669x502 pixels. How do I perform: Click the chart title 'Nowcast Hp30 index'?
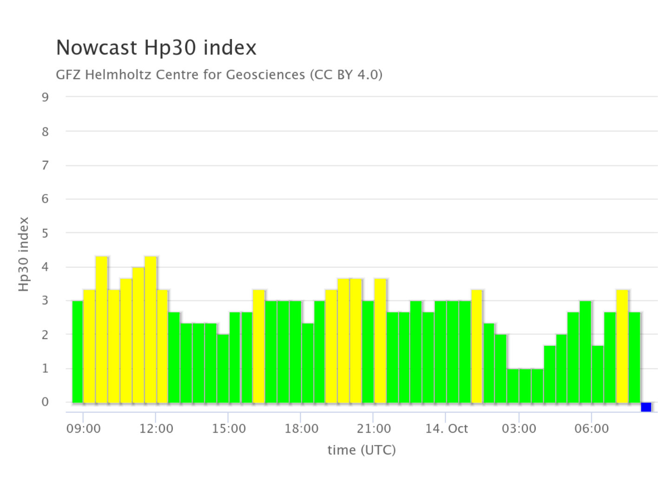(x=156, y=48)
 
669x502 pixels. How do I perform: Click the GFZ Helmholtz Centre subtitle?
(x=219, y=74)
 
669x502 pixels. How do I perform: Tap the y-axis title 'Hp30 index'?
(x=24, y=254)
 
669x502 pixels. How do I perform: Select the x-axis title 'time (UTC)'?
(x=361, y=450)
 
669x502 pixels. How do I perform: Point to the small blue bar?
(x=646, y=407)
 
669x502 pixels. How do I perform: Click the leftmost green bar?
(x=78, y=351)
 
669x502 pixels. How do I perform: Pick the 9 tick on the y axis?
(x=45, y=97)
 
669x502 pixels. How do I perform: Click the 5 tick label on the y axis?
(x=45, y=233)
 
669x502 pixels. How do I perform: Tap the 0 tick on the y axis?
(x=45, y=402)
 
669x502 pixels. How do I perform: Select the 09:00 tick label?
(x=84, y=429)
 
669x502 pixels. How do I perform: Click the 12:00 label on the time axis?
(x=156, y=429)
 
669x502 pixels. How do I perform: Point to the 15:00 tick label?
(x=229, y=429)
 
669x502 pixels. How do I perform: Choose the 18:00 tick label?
(x=301, y=429)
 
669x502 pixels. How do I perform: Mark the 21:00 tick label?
(x=374, y=429)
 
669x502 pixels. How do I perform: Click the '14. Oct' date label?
(x=446, y=429)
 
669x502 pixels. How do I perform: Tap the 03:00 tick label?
(x=519, y=429)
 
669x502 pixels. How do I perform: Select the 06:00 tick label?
(x=591, y=429)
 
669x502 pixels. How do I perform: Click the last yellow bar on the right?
(x=623, y=346)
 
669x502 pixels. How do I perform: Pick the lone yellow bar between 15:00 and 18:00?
(x=259, y=346)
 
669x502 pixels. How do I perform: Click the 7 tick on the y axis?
(x=45, y=165)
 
